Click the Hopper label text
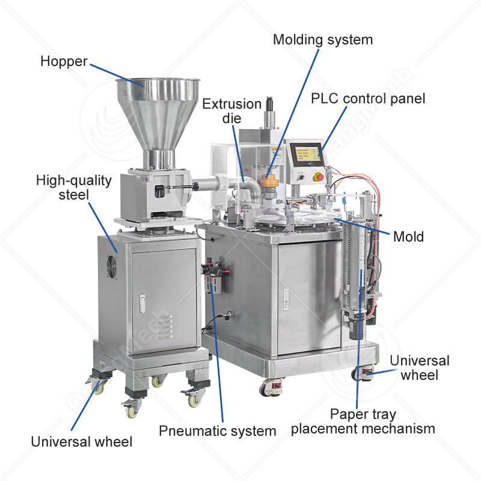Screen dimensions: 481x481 coord(64,61)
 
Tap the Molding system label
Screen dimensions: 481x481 coord(323,40)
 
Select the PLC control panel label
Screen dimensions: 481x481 coord(367,98)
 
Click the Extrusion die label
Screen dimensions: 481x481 coord(231,111)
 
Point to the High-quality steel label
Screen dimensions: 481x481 coord(74,187)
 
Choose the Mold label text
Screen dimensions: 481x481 coord(408,236)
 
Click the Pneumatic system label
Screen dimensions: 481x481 coord(217,430)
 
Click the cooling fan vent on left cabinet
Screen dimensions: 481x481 coord(111,263)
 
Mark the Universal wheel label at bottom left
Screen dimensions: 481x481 coord(82,442)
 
